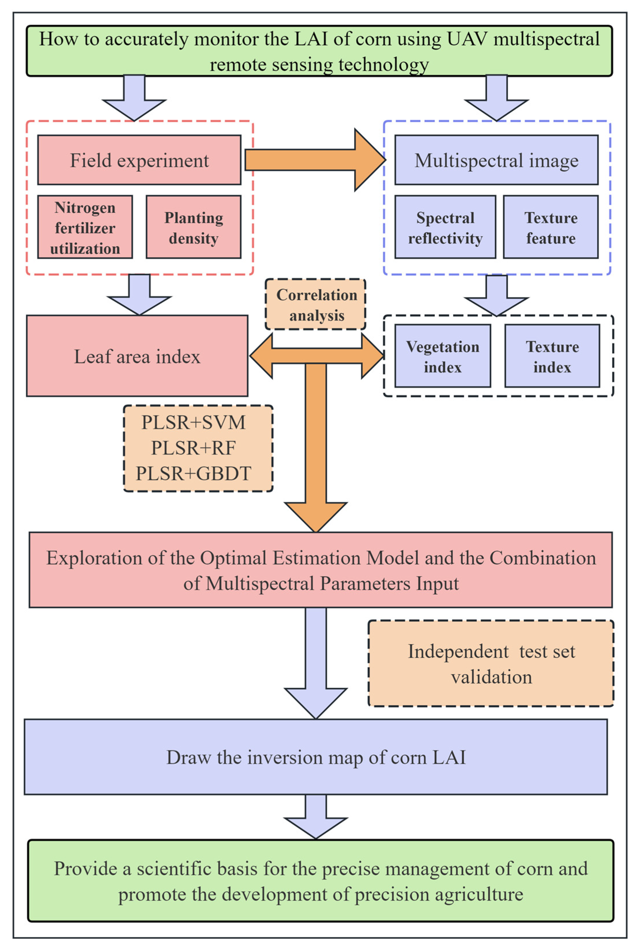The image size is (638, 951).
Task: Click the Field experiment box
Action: tap(139, 160)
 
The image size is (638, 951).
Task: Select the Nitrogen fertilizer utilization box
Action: tap(85, 227)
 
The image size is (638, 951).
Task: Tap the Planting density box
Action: tap(193, 227)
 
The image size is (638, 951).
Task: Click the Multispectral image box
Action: tap(496, 160)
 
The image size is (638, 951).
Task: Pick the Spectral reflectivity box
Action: tap(445, 227)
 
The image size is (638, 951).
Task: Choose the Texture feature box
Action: tap(551, 227)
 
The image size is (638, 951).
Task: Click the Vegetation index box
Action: tap(442, 356)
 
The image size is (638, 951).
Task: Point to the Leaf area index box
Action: tap(137, 356)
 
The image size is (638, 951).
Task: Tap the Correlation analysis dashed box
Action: tap(316, 305)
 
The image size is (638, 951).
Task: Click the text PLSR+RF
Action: tap(193, 448)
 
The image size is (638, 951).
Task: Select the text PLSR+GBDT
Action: tap(193, 473)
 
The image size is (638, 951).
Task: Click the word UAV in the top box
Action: tap(467, 39)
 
